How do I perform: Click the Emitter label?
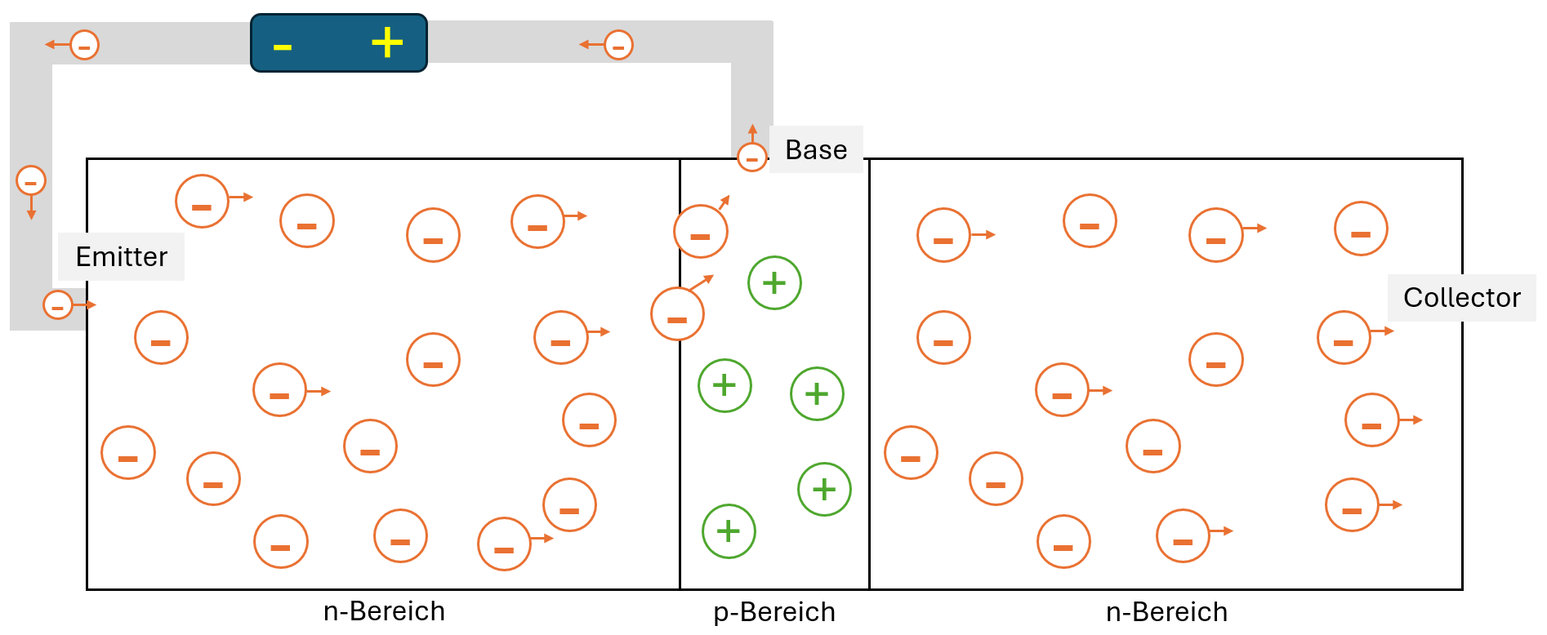[122, 257]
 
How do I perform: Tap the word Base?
[816, 150]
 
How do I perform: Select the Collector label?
[1461, 298]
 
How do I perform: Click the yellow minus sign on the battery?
[283, 48]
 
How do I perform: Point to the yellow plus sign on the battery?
[387, 42]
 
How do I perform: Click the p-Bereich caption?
[774, 612]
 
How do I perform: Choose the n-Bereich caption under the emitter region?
[384, 611]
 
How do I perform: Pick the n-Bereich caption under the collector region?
[1166, 612]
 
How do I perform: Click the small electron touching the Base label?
[751, 158]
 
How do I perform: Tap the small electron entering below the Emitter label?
[58, 305]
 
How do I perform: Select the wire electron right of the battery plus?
[618, 45]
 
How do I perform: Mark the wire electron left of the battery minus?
[84, 45]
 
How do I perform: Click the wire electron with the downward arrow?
[31, 180]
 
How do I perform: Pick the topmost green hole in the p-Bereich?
[774, 283]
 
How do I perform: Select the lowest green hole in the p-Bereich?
[729, 531]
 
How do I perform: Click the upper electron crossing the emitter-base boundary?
[701, 232]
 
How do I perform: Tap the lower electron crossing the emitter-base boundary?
[677, 314]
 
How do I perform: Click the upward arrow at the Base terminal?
[752, 132]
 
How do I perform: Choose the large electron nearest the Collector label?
[1344, 338]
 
